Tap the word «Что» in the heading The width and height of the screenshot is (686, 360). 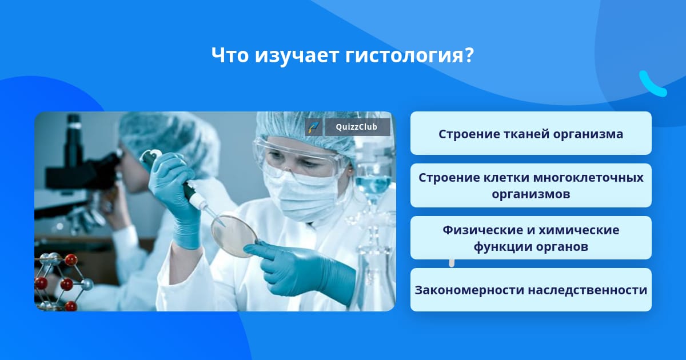coord(230,55)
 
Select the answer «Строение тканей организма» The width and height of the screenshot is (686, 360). coord(531,133)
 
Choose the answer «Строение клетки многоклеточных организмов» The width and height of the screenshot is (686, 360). coord(531,186)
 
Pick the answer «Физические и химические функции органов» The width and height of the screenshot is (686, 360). coord(531,238)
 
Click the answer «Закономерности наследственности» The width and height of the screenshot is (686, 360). coord(531,290)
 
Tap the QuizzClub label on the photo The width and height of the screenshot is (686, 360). coord(357,127)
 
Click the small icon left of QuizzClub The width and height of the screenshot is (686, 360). coord(314,127)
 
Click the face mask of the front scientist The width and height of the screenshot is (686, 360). coord(302,196)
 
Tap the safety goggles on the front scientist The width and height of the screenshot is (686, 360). coord(298,159)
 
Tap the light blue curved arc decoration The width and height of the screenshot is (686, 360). coord(651,85)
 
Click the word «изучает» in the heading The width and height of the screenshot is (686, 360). coord(297,56)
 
